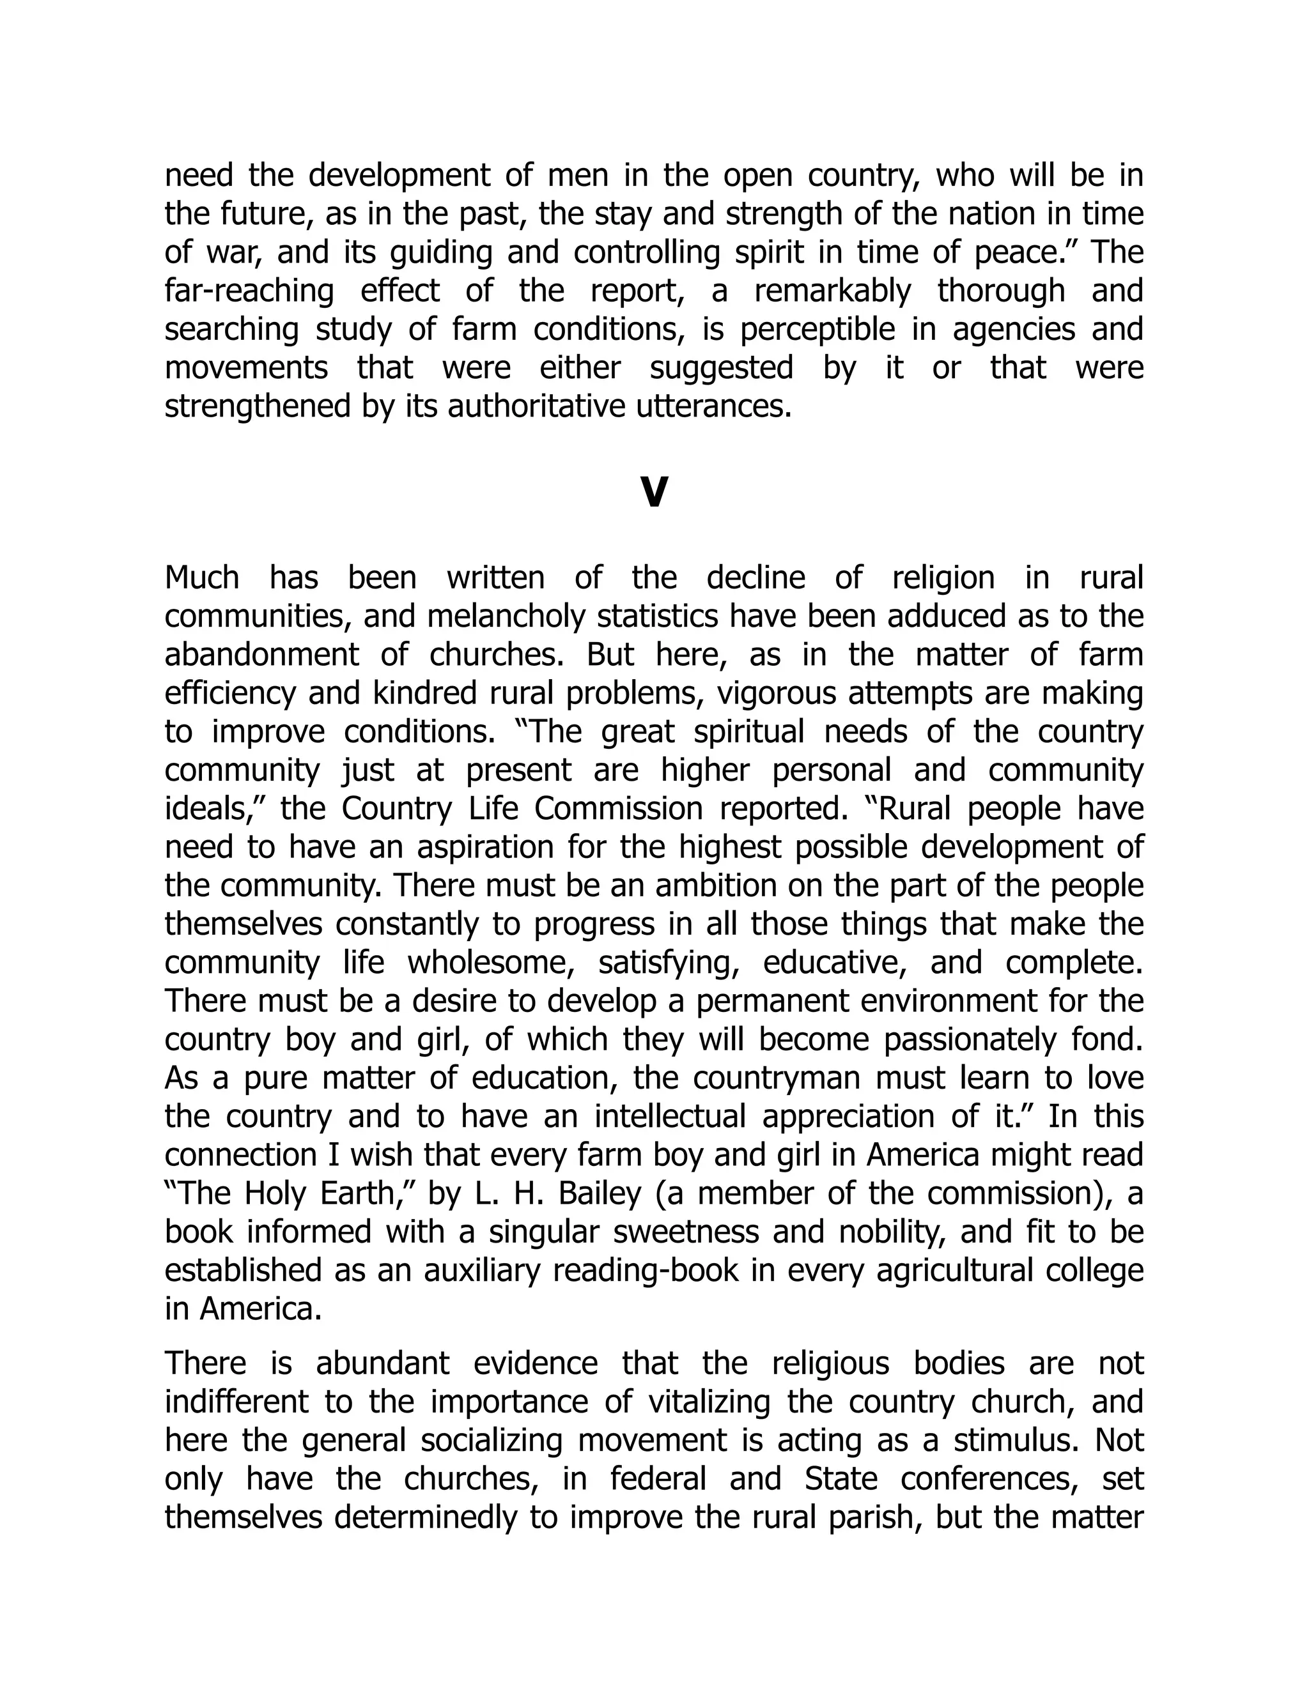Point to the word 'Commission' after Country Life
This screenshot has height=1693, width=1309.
coord(607,809)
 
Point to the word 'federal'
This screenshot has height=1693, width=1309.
coord(658,1479)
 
